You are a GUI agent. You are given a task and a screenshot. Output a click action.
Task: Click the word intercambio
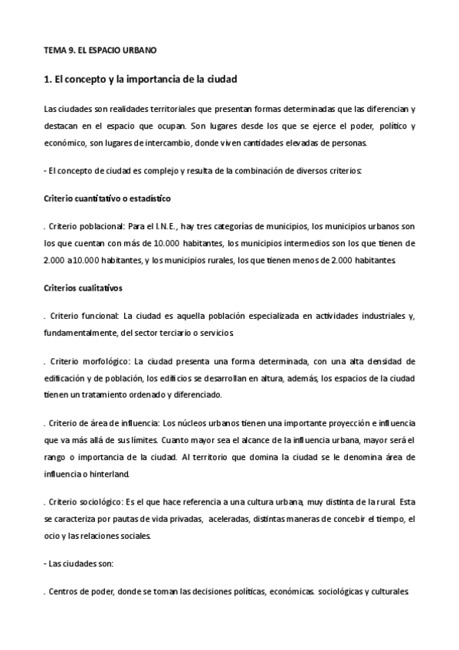[189, 143]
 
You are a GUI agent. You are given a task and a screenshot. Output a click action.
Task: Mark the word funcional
[100, 315]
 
